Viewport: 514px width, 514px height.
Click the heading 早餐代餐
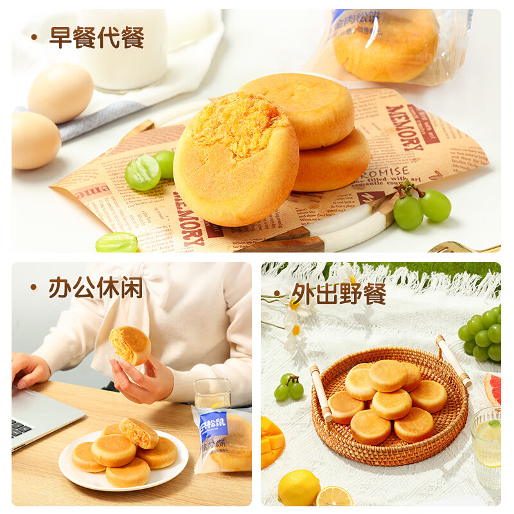click(x=96, y=37)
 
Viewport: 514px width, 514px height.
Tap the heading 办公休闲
click(x=96, y=287)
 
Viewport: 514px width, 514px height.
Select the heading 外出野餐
click(x=339, y=294)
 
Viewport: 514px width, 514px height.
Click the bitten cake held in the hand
click(x=130, y=345)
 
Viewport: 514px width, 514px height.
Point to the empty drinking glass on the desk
click(x=212, y=393)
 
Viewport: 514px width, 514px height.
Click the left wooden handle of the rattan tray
click(x=320, y=391)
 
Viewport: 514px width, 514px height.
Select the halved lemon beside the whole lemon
click(x=334, y=497)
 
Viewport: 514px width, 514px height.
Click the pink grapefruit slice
click(x=493, y=389)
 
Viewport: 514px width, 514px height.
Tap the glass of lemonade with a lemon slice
click(x=486, y=443)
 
